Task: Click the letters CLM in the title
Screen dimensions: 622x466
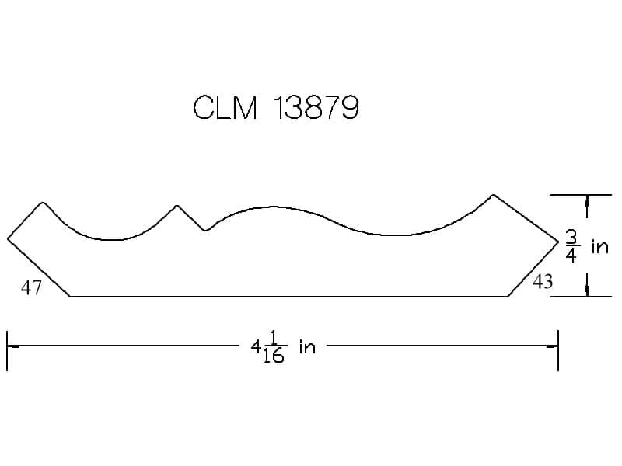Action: click(225, 107)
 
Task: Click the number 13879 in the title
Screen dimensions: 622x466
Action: click(316, 107)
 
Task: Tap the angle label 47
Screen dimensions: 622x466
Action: click(31, 287)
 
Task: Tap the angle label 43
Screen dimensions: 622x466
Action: click(543, 282)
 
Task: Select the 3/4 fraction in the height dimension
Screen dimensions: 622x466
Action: click(571, 246)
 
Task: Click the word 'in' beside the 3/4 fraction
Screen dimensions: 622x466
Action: click(599, 246)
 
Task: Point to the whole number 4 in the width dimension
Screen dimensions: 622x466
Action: click(256, 347)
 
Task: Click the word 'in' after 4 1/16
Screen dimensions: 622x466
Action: click(307, 346)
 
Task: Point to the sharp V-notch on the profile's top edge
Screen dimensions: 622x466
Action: click(204, 230)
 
